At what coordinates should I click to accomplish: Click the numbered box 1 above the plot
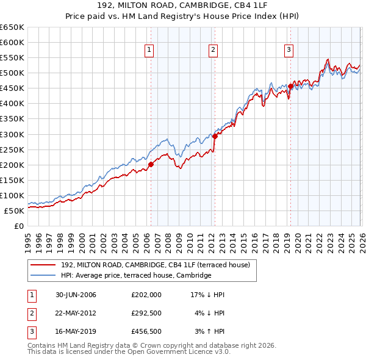[x=149, y=51]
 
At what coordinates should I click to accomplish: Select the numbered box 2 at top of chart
[x=213, y=51]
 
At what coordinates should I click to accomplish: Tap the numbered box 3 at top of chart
[x=289, y=51]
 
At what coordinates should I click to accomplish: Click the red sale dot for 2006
[x=151, y=164]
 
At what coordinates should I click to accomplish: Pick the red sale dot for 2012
[x=215, y=136]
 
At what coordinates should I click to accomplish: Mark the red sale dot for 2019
[x=290, y=86]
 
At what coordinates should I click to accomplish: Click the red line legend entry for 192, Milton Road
[x=159, y=265]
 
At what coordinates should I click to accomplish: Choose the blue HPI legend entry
[x=135, y=276]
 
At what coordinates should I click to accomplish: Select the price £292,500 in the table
[x=146, y=313]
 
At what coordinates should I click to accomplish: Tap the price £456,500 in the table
[x=146, y=331]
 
